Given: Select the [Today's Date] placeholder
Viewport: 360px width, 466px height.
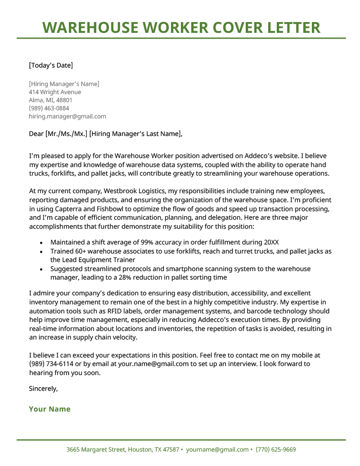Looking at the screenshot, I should click(50, 65).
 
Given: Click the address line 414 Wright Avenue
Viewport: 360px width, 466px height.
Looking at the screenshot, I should click(55, 92).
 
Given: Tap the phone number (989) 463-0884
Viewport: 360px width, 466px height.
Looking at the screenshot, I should click(49, 108).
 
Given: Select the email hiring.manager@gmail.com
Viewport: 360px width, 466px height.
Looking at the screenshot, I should click(67, 116).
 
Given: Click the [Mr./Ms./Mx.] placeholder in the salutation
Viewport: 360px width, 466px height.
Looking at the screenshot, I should click(66, 134).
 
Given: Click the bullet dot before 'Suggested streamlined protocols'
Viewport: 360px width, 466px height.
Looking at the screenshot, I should click(41, 269).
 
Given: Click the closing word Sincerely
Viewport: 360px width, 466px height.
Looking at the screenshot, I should click(43, 388).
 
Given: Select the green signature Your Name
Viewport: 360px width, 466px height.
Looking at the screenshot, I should click(49, 409).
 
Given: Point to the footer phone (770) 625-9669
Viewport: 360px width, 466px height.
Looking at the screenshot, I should click(276, 449).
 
